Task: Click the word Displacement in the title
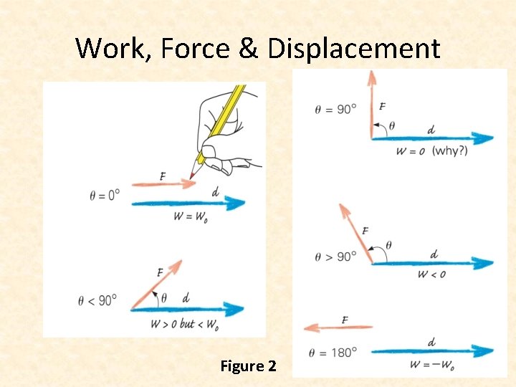pos(353,49)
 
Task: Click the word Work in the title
pos(113,49)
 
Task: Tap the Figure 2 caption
pos(248,366)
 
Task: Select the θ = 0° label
pos(105,194)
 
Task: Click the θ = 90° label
pos(335,109)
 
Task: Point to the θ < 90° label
pos(97,300)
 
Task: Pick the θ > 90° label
pos(335,256)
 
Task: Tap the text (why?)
pos(450,151)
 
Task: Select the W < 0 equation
pos(431,274)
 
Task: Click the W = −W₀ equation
pos(432,365)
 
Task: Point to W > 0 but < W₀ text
pos(184,324)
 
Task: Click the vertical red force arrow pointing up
pos(372,104)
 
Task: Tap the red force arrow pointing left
pos(337,328)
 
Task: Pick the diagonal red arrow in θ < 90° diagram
pos(155,286)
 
